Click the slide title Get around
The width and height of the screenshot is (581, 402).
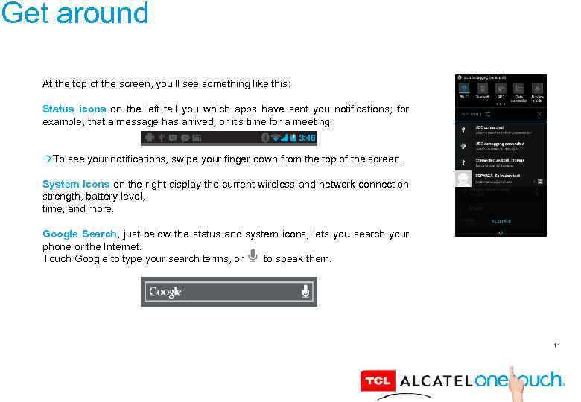(x=74, y=13)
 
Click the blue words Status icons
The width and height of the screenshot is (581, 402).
(x=74, y=109)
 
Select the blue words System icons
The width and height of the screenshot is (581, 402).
(x=76, y=184)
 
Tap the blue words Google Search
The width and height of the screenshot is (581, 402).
(x=80, y=234)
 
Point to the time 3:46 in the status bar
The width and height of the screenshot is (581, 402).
(x=307, y=138)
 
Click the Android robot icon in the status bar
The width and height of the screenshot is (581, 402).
(x=150, y=138)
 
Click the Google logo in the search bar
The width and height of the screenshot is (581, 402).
(x=165, y=292)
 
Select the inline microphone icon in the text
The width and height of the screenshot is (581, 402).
(x=253, y=257)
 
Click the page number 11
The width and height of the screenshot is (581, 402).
(x=556, y=345)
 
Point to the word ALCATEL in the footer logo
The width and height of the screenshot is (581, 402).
(x=436, y=381)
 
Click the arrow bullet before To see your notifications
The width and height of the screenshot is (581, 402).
(x=47, y=159)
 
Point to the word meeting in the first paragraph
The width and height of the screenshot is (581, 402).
(x=314, y=121)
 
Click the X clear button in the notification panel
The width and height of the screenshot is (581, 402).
(x=539, y=114)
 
